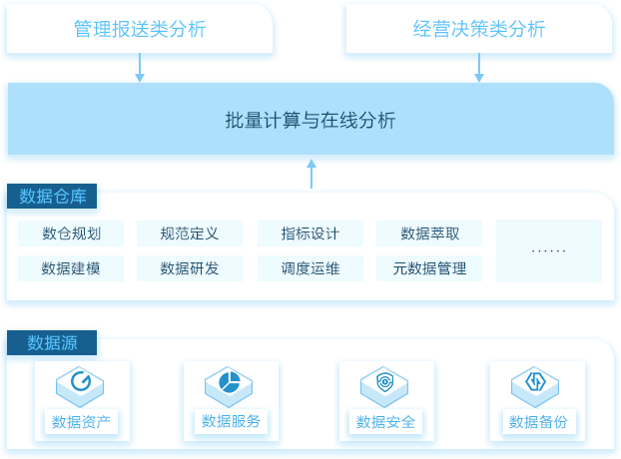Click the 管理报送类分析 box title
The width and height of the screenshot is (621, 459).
pyautogui.click(x=140, y=29)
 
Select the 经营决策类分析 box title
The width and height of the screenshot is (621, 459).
pyautogui.click(x=479, y=29)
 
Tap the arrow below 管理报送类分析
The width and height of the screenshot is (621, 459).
pyautogui.click(x=140, y=67)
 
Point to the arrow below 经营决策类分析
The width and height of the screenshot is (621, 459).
pyautogui.click(x=479, y=67)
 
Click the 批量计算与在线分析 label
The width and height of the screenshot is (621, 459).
pyautogui.click(x=310, y=120)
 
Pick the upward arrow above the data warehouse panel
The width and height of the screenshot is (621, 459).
pyautogui.click(x=311, y=174)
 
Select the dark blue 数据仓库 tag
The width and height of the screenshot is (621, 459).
pyautogui.click(x=52, y=196)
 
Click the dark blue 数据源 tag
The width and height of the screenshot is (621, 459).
pyautogui.click(x=52, y=342)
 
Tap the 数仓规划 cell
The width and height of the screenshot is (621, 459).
pyautogui.click(x=71, y=233)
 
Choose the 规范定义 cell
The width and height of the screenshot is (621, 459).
pyautogui.click(x=190, y=233)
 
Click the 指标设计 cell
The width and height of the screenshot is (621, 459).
pyautogui.click(x=310, y=233)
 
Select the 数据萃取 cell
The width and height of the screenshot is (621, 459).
pyautogui.click(x=429, y=233)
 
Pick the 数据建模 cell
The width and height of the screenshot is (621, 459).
pyautogui.click(x=71, y=268)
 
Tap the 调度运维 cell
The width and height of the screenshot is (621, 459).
pyautogui.click(x=310, y=268)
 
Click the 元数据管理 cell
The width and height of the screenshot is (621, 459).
pyautogui.click(x=429, y=268)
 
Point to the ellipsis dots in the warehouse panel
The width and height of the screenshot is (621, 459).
pyautogui.click(x=549, y=250)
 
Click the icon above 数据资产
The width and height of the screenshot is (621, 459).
pyautogui.click(x=80, y=386)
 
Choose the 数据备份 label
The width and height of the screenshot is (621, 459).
pyautogui.click(x=538, y=422)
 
